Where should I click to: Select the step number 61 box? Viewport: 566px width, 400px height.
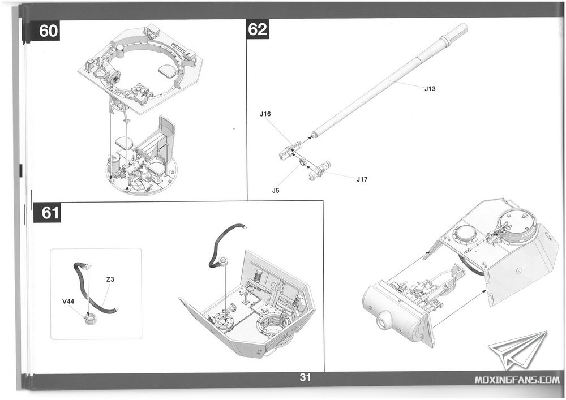[x=49, y=213]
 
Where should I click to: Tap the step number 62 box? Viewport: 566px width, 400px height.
[x=258, y=30]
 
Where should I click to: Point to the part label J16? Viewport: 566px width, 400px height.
[x=265, y=114]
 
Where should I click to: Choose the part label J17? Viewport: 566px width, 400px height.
[x=363, y=179]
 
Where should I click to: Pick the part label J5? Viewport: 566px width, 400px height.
[x=276, y=190]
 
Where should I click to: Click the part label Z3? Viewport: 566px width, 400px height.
[x=110, y=279]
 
